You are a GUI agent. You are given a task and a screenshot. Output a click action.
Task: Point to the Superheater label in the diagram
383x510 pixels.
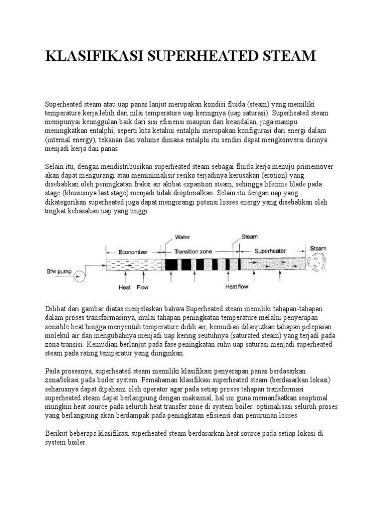point(269,252)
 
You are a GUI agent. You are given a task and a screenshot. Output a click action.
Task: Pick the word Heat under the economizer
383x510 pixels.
point(124,287)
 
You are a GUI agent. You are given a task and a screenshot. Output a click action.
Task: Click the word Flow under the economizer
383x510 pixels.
point(142,287)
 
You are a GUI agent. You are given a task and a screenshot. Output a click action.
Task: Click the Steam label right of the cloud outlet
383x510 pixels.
point(318,248)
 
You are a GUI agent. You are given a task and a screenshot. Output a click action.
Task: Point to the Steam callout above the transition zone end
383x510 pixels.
point(249,237)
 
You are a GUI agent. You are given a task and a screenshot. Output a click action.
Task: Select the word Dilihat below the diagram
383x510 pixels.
point(55,309)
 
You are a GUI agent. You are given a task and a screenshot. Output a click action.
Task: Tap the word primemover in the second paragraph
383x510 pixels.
point(312,166)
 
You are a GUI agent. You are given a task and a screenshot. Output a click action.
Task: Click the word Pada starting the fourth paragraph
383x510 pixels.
point(52,371)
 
